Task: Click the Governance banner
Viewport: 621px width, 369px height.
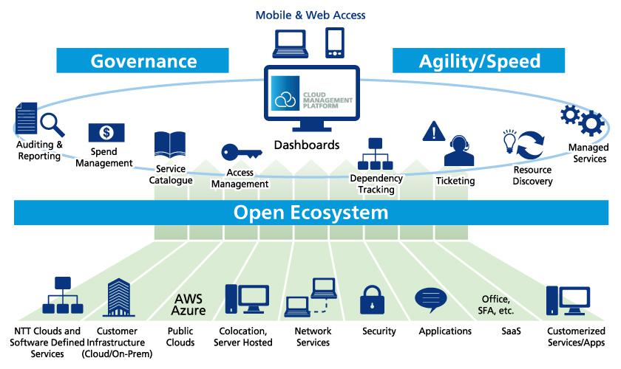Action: (x=143, y=61)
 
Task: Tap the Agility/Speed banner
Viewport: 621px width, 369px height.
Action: (x=478, y=61)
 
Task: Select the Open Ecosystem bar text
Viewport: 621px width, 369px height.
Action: (x=311, y=213)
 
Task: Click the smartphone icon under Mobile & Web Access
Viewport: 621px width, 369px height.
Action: (x=335, y=43)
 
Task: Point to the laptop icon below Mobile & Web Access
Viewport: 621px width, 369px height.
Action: (x=291, y=44)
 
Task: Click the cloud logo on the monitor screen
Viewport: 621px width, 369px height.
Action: (x=285, y=99)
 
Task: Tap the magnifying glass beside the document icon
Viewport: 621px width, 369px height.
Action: (x=52, y=124)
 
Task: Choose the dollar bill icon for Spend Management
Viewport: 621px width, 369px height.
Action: (x=106, y=133)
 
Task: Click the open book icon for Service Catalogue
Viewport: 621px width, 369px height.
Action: (x=170, y=145)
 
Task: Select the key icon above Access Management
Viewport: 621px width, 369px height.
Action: (x=241, y=152)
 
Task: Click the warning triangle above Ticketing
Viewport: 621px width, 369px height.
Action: (x=434, y=131)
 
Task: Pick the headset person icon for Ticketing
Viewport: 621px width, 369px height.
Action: (x=459, y=151)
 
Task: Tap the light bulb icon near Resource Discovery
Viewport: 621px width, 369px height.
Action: (x=509, y=141)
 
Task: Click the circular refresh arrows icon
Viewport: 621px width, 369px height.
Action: (x=530, y=145)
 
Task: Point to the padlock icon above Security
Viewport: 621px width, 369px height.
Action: (x=372, y=300)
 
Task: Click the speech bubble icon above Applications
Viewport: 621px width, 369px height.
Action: (x=431, y=300)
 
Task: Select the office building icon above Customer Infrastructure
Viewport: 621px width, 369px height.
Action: (x=119, y=297)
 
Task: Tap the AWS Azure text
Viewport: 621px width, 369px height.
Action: (x=189, y=305)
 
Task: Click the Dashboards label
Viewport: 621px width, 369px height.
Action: (x=307, y=145)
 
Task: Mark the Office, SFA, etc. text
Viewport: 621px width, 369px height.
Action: (x=496, y=305)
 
